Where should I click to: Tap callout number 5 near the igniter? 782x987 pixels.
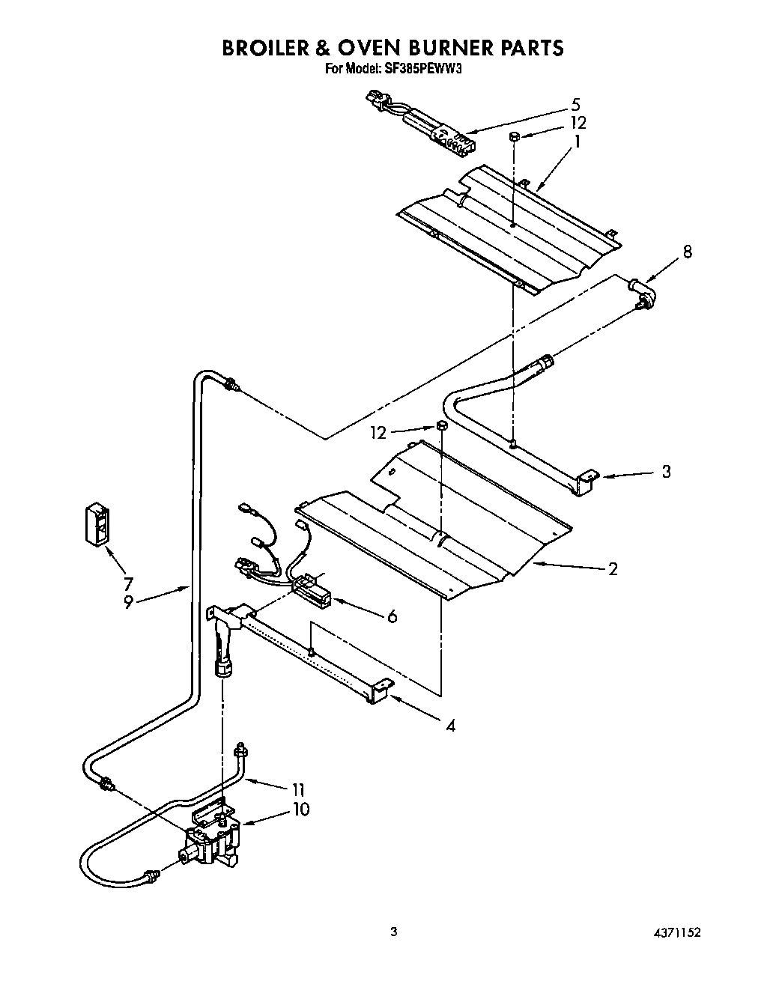click(575, 105)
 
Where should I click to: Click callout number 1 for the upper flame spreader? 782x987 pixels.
click(577, 140)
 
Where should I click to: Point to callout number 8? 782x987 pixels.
click(686, 252)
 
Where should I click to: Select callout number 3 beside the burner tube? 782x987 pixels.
click(665, 472)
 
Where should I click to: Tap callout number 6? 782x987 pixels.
click(391, 616)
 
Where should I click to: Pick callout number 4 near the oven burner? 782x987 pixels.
click(449, 725)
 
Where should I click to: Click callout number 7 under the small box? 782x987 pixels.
click(128, 583)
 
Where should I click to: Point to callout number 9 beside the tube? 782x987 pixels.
click(128, 602)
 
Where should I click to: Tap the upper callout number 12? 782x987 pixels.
click(577, 123)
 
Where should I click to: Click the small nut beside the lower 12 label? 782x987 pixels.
click(442, 427)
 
